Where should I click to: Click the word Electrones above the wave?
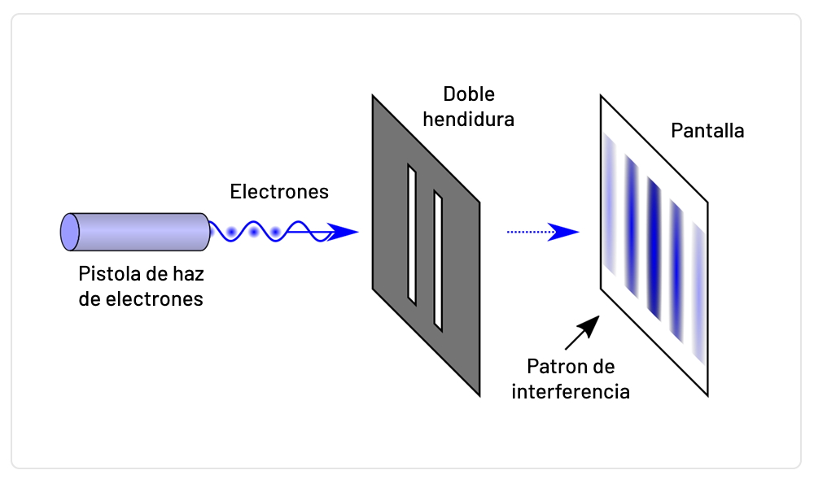279,192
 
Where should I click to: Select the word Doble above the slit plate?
469,94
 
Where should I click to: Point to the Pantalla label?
707,130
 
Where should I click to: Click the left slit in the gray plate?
412,232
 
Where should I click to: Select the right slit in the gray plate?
438,259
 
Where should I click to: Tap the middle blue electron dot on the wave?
254,233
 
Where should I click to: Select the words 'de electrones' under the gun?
140,298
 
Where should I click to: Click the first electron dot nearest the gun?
232,233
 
